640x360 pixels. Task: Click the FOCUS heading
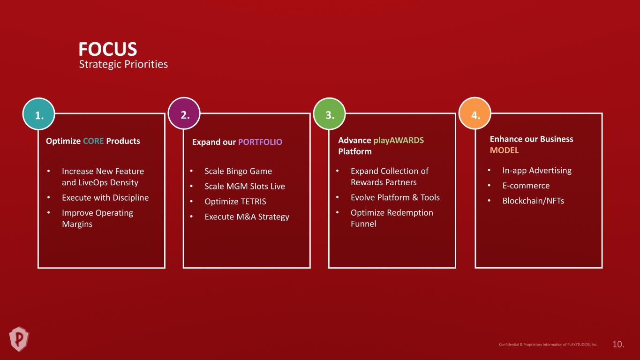tap(108, 49)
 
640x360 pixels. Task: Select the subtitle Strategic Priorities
tap(123, 64)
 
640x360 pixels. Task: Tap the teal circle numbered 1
tap(38, 114)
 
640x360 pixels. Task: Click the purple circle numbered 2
tap(184, 113)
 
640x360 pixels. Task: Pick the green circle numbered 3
tap(330, 114)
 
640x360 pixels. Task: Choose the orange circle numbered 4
tap(475, 113)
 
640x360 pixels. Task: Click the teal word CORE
tap(93, 141)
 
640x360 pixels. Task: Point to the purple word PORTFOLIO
tap(260, 142)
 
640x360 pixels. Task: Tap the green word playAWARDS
tap(399, 141)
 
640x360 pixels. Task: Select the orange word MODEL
tap(504, 150)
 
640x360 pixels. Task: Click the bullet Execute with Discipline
tap(105, 198)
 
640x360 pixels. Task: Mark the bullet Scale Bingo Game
tap(238, 171)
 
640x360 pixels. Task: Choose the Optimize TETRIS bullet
tap(235, 202)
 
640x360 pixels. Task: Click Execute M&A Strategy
tap(247, 217)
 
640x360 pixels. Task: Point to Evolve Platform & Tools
tap(395, 197)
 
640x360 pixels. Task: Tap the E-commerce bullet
tap(526, 186)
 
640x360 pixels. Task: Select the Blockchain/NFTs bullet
tap(533, 201)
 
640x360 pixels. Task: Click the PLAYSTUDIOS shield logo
tap(19, 339)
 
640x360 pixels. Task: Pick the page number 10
tap(618, 344)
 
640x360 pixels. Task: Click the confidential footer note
tap(548, 345)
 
